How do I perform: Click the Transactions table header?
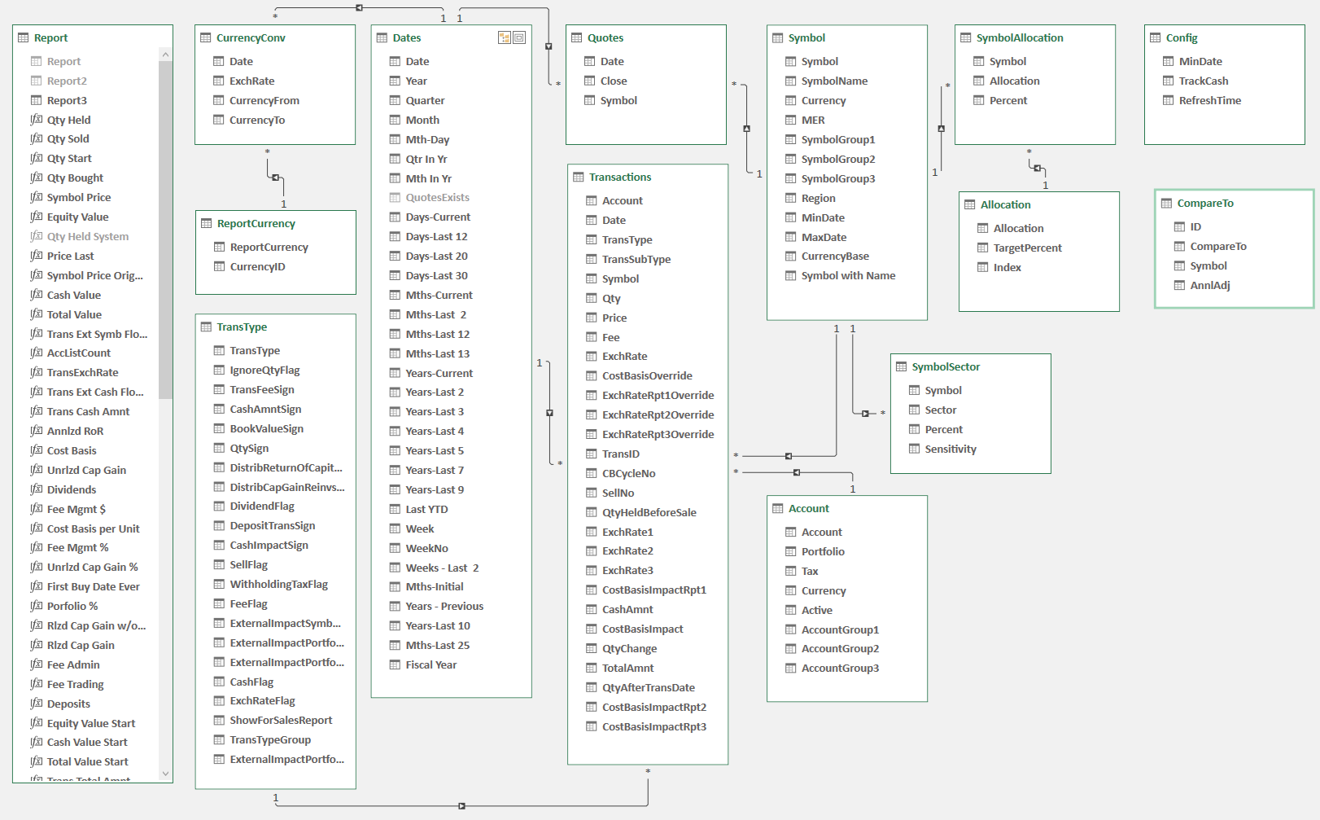click(x=620, y=178)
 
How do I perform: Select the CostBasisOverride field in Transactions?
click(x=647, y=376)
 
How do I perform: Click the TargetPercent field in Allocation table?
click(x=1027, y=248)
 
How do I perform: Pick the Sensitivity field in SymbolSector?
click(x=950, y=449)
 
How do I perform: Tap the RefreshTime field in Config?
click(x=1209, y=101)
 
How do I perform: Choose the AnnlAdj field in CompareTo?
click(x=1209, y=286)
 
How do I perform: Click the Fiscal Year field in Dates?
click(x=431, y=665)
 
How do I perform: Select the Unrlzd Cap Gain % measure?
click(x=92, y=568)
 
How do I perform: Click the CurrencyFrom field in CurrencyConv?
click(x=264, y=101)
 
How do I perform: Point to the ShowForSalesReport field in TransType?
click(x=281, y=721)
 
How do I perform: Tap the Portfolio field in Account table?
click(x=823, y=552)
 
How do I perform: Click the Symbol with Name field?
click(x=848, y=276)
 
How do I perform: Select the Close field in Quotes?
click(x=614, y=81)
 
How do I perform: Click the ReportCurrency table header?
click(x=256, y=224)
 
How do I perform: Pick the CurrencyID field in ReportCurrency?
click(x=257, y=267)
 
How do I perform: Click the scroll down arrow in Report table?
click(x=166, y=774)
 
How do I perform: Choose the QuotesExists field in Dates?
click(x=437, y=198)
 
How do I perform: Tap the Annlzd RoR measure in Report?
click(x=75, y=432)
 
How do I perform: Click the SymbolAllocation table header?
click(x=1019, y=38)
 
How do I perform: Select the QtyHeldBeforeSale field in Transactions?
click(x=649, y=513)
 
